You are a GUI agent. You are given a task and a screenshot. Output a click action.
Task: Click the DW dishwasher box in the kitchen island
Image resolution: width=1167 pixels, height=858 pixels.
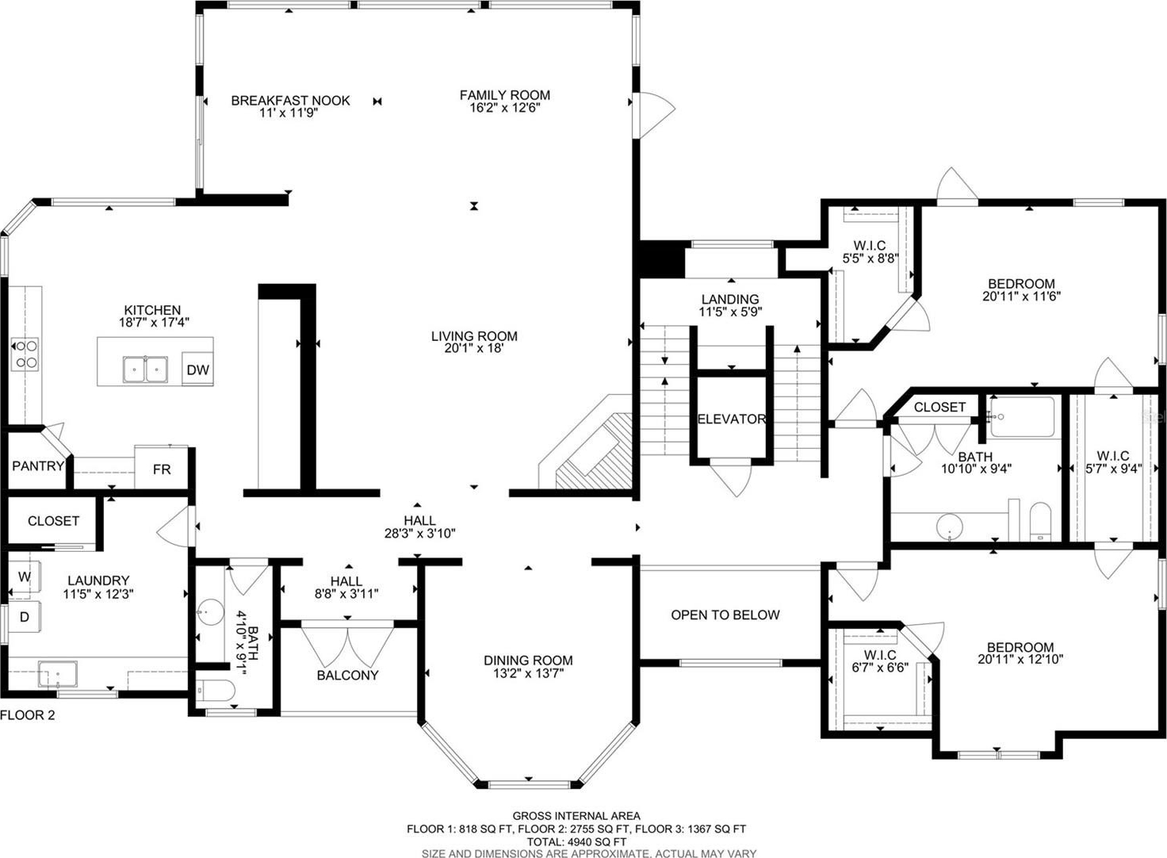(197, 368)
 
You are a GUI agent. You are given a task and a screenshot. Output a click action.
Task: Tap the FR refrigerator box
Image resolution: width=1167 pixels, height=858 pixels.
(162, 467)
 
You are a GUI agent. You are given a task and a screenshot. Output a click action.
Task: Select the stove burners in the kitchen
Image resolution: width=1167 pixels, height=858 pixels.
(25, 354)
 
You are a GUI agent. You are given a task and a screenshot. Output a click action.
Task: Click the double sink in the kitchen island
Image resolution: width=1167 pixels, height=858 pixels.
(145, 370)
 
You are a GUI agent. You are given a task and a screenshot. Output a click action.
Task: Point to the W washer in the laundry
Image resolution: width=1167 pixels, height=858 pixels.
(25, 576)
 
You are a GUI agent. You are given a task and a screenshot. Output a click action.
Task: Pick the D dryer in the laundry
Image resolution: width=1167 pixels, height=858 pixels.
(25, 617)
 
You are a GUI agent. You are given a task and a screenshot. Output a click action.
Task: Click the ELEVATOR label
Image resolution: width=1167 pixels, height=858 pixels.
(732, 419)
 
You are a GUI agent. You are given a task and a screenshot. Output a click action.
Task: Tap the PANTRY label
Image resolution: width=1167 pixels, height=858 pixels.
(38, 465)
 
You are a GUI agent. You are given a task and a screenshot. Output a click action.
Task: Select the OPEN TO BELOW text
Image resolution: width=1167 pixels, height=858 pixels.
(725, 615)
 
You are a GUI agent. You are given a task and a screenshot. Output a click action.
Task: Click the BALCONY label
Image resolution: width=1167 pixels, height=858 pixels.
(347, 675)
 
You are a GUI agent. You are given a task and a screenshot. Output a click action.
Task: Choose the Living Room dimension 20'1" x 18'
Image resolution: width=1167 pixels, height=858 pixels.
(473, 349)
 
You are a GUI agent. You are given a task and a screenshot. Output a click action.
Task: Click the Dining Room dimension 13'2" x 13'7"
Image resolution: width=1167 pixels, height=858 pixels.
(528, 673)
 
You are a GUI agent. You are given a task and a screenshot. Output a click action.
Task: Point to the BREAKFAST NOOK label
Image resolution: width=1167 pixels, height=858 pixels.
(291, 101)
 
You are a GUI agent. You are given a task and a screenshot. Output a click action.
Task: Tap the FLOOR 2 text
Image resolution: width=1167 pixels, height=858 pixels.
(28, 715)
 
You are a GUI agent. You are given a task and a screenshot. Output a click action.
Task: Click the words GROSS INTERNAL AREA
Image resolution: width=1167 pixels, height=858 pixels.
(576, 816)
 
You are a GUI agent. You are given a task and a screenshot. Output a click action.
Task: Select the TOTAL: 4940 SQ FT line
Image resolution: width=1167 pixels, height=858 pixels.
(576, 842)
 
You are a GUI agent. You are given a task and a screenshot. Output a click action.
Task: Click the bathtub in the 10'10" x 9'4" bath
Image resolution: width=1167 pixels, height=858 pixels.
(1023, 417)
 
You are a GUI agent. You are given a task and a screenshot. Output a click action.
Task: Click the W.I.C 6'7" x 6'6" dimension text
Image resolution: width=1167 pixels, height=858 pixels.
(881, 668)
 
